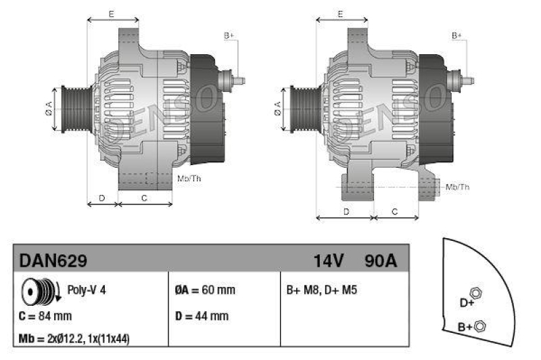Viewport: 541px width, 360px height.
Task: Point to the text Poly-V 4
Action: tap(87, 290)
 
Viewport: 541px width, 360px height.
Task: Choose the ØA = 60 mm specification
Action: tap(204, 290)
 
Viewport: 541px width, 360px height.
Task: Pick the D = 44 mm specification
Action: tap(202, 315)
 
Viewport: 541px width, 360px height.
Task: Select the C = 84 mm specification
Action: tap(45, 315)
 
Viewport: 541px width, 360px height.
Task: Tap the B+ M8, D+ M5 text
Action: tap(322, 290)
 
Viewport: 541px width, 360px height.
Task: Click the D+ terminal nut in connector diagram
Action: tap(475, 292)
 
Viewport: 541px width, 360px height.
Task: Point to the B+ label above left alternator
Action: tap(229, 35)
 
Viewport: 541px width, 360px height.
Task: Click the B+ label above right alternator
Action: tap(457, 35)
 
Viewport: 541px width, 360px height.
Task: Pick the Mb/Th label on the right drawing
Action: tap(457, 186)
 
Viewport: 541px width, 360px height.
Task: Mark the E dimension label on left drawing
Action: tap(112, 14)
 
